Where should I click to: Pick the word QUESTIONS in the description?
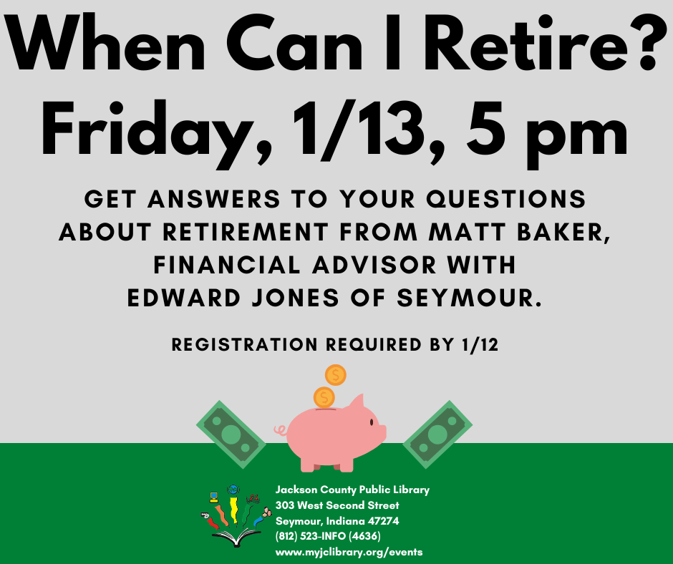coord(506,199)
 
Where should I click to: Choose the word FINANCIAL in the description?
coord(227,265)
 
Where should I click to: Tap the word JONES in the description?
coord(295,298)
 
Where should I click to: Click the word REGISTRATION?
coord(245,345)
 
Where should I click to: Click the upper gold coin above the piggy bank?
coord(335,375)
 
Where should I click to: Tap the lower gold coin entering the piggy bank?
coord(324,397)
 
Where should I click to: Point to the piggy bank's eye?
coord(372,423)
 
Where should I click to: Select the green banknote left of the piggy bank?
coord(231,434)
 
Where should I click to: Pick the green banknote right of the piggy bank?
coord(437,434)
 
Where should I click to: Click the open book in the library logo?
coord(236,538)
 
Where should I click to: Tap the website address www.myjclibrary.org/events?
coord(349,552)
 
